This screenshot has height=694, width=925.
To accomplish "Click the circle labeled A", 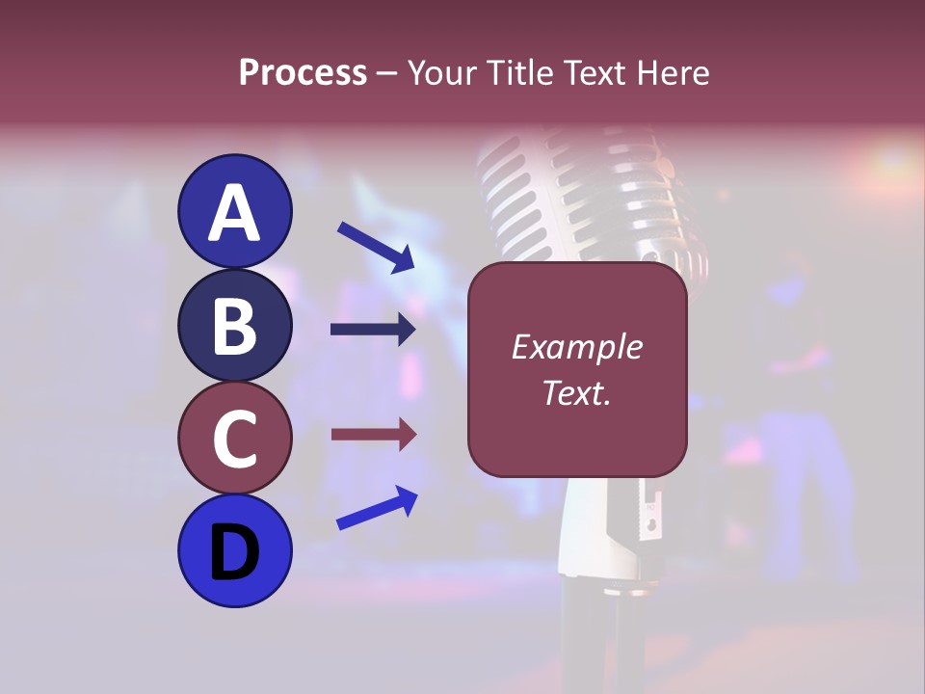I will [x=234, y=211].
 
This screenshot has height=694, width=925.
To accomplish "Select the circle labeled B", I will [x=234, y=325].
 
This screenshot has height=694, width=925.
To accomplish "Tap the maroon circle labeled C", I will [x=234, y=438].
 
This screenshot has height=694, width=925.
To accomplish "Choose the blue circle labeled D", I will [x=234, y=550].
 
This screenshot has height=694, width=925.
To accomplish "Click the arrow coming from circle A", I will [x=376, y=247].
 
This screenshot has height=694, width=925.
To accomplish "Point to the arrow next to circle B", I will [x=373, y=330].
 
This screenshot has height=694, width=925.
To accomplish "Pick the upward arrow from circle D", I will [x=377, y=508].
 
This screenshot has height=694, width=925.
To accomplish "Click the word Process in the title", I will [x=303, y=73].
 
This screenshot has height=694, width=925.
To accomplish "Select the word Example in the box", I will [x=576, y=347].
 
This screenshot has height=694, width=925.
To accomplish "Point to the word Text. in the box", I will [x=576, y=392].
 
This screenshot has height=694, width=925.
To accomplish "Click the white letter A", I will [x=234, y=213].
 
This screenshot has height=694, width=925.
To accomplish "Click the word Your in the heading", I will [x=440, y=73].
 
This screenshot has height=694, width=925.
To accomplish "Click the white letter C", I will [x=234, y=440].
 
